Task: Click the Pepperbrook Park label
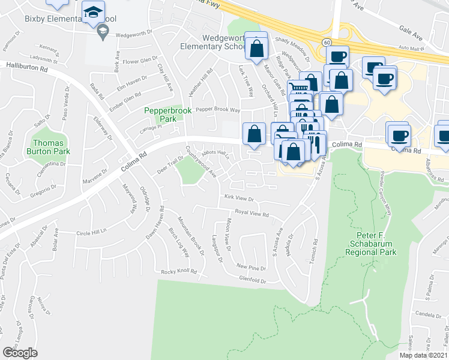tap(160, 115)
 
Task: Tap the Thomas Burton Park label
tap(51, 147)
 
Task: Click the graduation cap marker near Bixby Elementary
tap(93, 13)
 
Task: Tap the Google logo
tap(20, 353)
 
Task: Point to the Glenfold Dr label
tap(252, 280)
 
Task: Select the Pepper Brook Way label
tap(218, 110)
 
